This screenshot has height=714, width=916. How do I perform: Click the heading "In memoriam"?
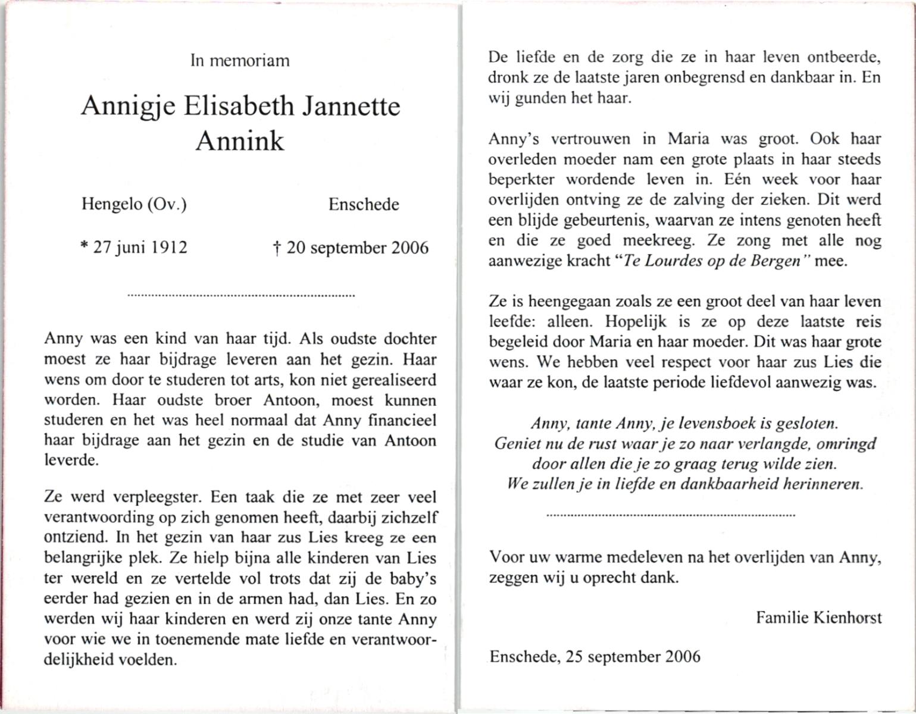tap(240, 61)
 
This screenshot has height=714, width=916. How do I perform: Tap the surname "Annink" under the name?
tap(240, 141)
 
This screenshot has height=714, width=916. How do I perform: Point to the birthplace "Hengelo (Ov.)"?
tap(134, 205)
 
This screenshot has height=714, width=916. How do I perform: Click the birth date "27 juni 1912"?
tap(140, 248)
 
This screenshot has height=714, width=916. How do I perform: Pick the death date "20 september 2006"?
tap(357, 248)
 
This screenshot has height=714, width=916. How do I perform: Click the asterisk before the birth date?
tap(84, 246)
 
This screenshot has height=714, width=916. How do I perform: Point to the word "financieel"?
tap(402, 421)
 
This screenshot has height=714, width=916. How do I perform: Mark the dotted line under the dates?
tap(241, 295)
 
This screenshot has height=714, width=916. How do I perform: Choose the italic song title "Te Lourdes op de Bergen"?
tap(711, 261)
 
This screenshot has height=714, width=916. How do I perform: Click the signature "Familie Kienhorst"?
tap(819, 618)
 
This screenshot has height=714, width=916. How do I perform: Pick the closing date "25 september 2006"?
tap(633, 657)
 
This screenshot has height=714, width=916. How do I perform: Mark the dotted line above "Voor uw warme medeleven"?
tap(671, 515)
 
